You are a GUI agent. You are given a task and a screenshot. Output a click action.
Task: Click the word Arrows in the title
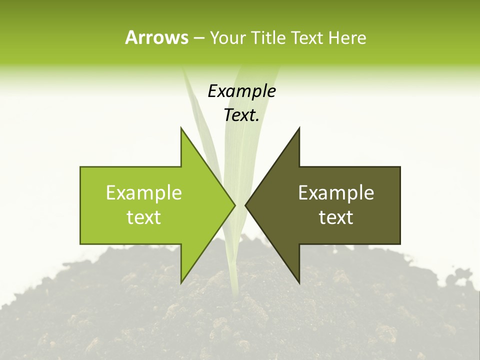(156, 37)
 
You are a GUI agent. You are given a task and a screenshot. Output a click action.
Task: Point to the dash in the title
(198, 38)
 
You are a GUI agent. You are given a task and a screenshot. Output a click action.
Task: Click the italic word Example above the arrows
(241, 91)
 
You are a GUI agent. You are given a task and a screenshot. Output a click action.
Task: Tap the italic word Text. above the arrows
(241, 115)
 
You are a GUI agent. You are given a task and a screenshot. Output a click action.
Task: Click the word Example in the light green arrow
(143, 192)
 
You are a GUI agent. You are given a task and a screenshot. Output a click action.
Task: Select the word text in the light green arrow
(143, 217)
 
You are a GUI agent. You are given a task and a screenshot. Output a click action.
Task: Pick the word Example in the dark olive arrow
(336, 192)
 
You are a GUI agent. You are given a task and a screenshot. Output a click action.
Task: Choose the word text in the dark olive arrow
(336, 217)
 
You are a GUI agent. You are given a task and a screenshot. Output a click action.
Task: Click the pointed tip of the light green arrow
(234, 205)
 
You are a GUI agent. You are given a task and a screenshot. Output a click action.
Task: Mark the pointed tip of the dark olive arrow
(245, 205)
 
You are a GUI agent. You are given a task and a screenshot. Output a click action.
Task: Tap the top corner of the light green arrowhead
(181, 128)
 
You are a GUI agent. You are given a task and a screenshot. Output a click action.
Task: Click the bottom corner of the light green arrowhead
(181, 282)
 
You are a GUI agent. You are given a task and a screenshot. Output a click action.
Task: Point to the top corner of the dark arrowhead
(299, 128)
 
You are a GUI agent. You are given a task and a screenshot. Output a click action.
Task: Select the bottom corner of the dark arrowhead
(299, 282)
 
